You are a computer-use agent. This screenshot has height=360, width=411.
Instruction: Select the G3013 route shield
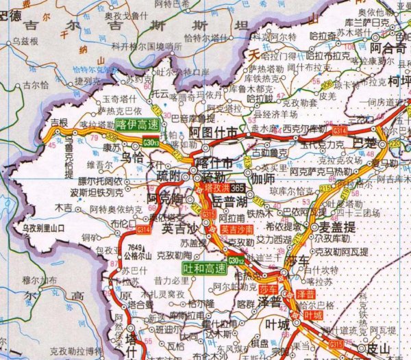(151, 142)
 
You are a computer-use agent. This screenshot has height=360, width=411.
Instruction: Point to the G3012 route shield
(236, 260)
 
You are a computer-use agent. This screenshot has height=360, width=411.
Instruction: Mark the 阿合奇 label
(387, 49)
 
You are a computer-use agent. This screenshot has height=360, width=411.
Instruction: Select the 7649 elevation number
(135, 248)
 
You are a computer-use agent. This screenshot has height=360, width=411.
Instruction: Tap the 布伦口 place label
(121, 223)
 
